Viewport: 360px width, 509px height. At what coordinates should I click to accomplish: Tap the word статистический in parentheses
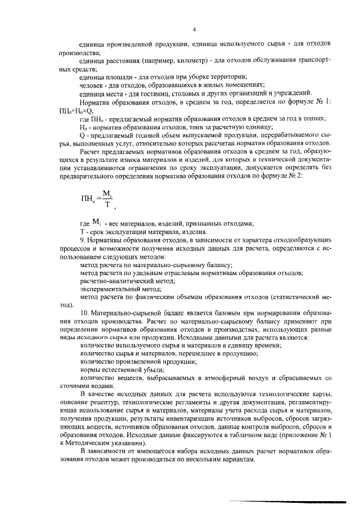(304, 296)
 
